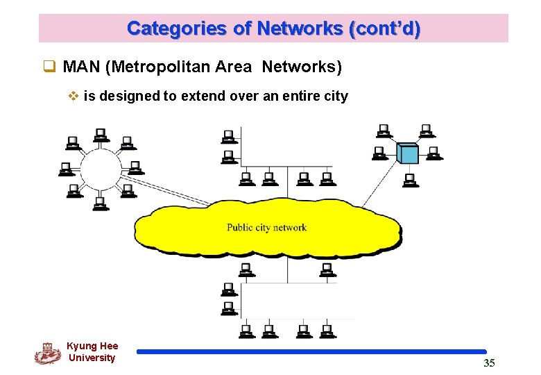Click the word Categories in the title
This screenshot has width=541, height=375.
[x=167, y=28]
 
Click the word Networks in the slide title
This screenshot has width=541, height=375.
[x=300, y=28]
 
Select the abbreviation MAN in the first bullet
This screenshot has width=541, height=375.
[x=81, y=67]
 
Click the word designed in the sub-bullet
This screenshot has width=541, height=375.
[x=128, y=96]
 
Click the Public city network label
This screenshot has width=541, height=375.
[x=266, y=228]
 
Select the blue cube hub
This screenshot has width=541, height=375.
[x=408, y=153]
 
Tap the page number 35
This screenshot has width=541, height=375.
[x=489, y=362]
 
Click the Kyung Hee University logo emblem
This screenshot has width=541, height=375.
[x=47, y=353]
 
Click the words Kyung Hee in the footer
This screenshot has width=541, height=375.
[x=92, y=346]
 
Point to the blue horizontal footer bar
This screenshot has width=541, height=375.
[x=311, y=352]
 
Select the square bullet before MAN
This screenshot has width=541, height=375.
[x=49, y=68]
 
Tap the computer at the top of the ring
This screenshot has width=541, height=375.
[x=101, y=134]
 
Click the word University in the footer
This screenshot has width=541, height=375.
[x=92, y=358]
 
